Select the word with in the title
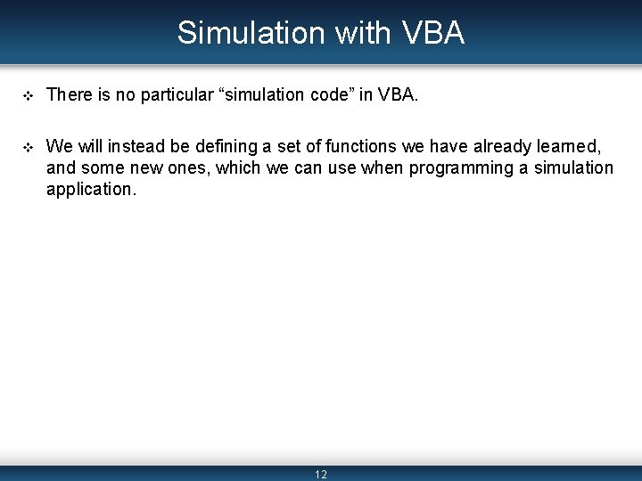(361, 33)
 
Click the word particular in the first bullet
(175, 95)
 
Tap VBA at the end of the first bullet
(397, 95)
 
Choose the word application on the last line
(90, 189)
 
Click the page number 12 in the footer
(321, 475)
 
